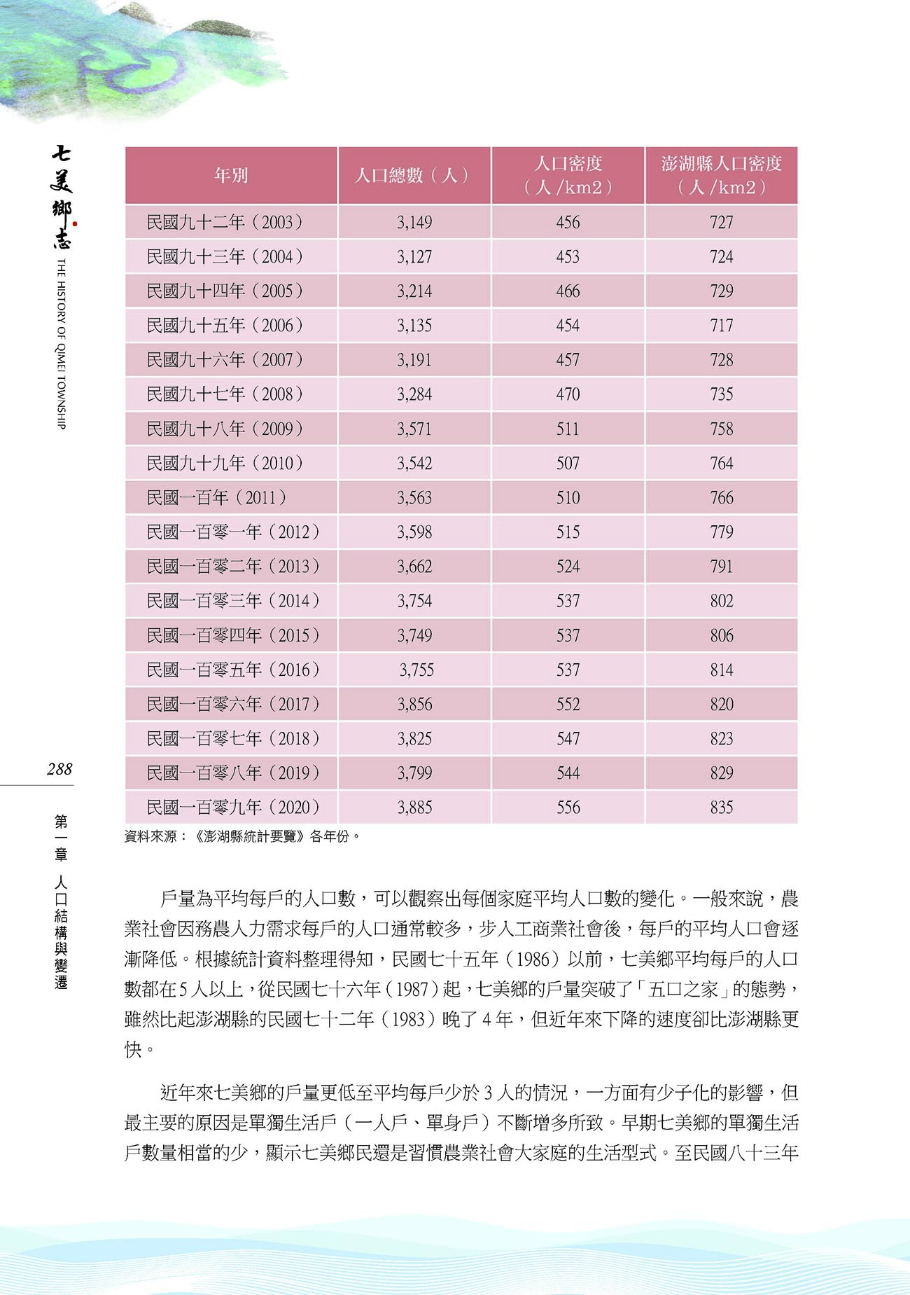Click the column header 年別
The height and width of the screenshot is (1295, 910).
231,175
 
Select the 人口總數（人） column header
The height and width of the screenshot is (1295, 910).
414,175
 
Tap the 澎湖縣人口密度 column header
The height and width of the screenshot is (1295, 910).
721,175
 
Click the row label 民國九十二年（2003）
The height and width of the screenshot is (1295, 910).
225,222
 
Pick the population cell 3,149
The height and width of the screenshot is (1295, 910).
414,222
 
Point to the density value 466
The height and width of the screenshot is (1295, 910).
568,291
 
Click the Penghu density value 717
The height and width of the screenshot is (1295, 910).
721,325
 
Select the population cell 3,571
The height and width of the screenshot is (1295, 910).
414,429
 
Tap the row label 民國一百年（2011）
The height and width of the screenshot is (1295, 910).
216,497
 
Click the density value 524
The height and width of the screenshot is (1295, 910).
568,566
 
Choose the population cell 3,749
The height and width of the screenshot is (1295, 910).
414,635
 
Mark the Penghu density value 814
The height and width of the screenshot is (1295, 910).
721,670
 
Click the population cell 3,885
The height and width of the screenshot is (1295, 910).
414,808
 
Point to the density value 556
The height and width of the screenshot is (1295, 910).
568,808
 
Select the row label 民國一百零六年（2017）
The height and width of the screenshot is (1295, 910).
233,704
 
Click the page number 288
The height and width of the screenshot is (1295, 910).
59,769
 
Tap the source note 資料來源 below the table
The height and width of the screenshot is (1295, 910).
242,836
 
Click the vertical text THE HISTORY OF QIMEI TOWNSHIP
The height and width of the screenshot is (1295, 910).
62,343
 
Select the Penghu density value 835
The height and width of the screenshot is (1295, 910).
721,808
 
